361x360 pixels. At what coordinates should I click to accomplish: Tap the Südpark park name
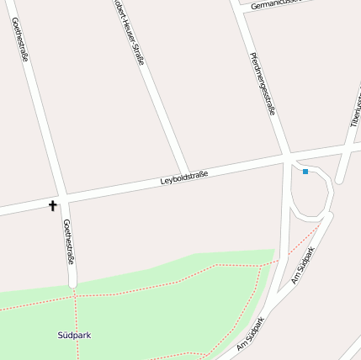coord(74,335)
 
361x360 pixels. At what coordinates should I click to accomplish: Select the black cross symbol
coord(53,204)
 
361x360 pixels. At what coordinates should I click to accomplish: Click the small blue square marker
coord(305,172)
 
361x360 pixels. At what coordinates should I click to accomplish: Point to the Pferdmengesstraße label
coord(263,82)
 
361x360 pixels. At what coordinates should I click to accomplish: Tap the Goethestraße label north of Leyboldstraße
coord(21,38)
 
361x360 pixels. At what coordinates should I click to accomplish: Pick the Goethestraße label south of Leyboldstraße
coord(69,241)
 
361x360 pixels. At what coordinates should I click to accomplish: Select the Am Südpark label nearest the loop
coord(304,265)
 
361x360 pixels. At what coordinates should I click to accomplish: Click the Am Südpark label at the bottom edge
coord(251,334)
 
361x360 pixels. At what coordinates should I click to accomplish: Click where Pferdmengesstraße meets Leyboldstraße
coord(286,157)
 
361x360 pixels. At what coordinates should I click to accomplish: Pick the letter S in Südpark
coord(61,335)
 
